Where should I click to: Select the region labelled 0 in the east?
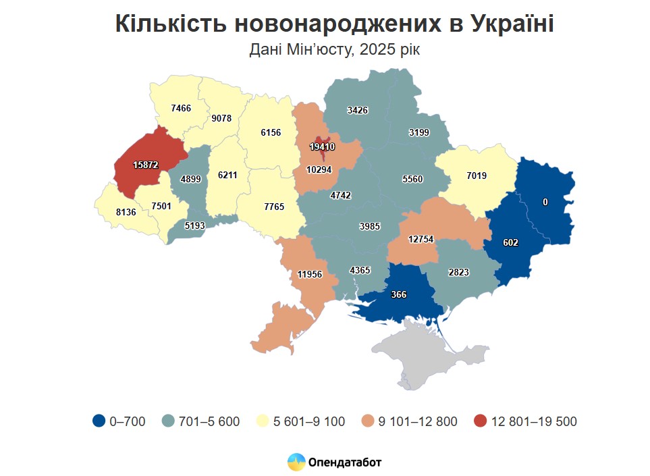click(x=545, y=202)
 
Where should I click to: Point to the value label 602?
click(x=510, y=243)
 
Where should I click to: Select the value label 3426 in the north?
click(x=358, y=110)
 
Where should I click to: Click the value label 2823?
click(x=458, y=272)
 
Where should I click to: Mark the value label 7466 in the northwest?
click(x=182, y=107)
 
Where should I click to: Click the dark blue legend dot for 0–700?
click(x=99, y=421)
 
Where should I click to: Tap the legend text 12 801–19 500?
click(x=534, y=421)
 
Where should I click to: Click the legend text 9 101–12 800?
click(x=417, y=421)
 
